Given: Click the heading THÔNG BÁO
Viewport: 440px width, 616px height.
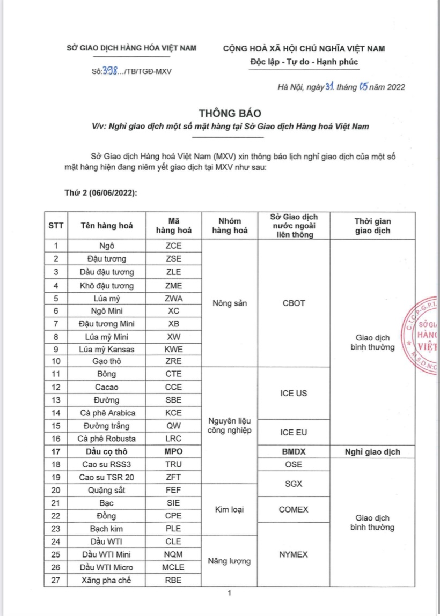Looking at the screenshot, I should pyautogui.click(x=230, y=113).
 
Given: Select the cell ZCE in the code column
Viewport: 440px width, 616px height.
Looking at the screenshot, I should pyautogui.click(x=174, y=246).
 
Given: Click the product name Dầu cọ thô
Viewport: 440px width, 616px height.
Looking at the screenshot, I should pyautogui.click(x=106, y=451).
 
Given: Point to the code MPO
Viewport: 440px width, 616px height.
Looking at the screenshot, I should pyautogui.click(x=174, y=451).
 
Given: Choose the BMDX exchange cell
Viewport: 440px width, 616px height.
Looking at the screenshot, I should pyautogui.click(x=294, y=451).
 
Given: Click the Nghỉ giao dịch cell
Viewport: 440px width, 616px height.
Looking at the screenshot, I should pyautogui.click(x=372, y=451).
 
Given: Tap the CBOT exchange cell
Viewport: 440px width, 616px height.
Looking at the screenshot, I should pyautogui.click(x=294, y=303).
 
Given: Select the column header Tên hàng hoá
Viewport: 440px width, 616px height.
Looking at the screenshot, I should pyautogui.click(x=106, y=226).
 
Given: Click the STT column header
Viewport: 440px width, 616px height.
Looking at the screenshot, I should pyautogui.click(x=56, y=226).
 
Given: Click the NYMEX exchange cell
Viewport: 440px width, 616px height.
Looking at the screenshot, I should pyautogui.click(x=294, y=554).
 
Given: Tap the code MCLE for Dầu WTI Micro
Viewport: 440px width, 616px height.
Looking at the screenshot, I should pyautogui.click(x=174, y=567).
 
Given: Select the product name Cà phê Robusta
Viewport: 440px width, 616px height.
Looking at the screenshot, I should pyautogui.click(x=106, y=439).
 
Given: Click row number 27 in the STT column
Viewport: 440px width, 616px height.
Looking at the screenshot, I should pyautogui.click(x=56, y=580).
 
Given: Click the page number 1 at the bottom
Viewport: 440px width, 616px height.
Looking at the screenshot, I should pyautogui.click(x=229, y=593).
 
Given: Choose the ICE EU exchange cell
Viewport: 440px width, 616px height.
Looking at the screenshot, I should pyautogui.click(x=294, y=432).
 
